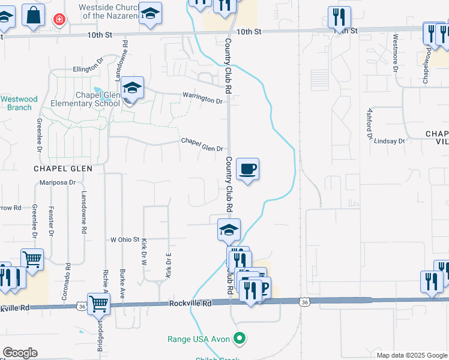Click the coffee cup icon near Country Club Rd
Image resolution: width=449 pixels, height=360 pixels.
[x=247, y=169]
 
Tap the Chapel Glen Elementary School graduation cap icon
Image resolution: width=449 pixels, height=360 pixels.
[x=132, y=89]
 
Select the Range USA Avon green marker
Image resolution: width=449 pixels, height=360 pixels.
[x=240, y=339]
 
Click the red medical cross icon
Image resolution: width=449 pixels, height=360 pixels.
[x=59, y=19]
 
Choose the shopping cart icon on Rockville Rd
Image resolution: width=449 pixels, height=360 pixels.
[x=98, y=304]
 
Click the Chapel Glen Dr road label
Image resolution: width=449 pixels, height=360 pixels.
[x=202, y=145]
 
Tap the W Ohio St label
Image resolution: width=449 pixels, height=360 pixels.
[x=125, y=239]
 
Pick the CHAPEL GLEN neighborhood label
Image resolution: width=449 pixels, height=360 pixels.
[x=63, y=169]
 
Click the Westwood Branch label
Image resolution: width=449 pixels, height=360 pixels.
[x=19, y=103]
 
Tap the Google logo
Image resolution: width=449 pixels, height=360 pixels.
[x=20, y=353]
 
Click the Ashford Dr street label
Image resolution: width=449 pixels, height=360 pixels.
[x=370, y=124]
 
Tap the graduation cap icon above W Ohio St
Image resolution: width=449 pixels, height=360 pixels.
[x=229, y=230]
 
